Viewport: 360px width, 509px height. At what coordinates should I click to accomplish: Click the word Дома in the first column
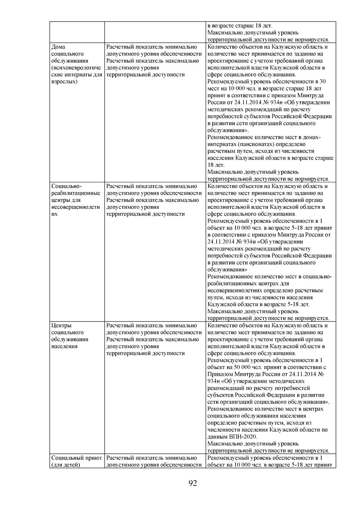(58, 47)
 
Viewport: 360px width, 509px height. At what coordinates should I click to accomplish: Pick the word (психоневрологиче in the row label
(77, 68)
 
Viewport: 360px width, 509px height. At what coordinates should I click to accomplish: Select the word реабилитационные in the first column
(76, 193)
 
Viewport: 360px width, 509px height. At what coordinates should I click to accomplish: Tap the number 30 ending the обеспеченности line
(323, 82)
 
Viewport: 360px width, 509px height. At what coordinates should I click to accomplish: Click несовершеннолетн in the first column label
(76, 207)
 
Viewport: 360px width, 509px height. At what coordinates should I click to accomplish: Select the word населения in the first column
(64, 346)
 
